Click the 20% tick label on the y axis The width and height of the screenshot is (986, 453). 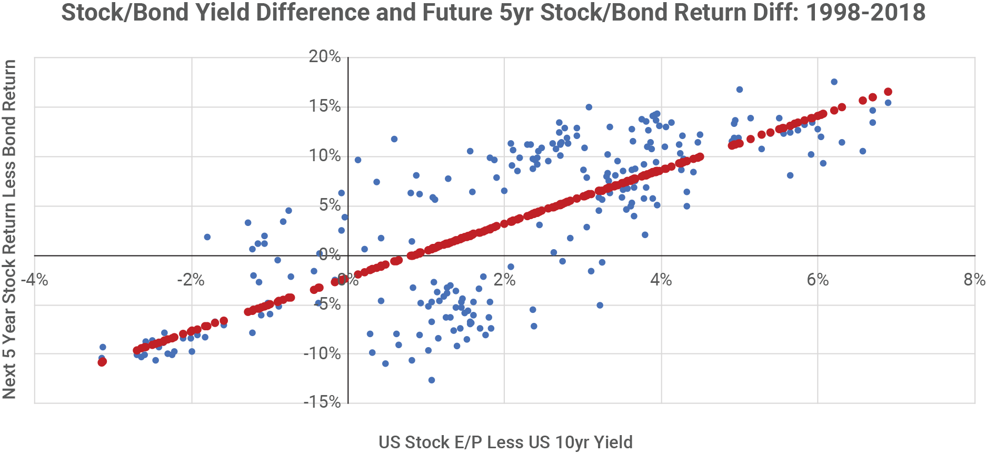pyautogui.click(x=325, y=56)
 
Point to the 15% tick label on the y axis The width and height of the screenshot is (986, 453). pyautogui.click(x=325, y=106)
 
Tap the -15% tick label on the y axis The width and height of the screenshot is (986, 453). pyautogui.click(x=322, y=402)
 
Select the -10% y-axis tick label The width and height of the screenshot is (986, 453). pyautogui.click(x=322, y=353)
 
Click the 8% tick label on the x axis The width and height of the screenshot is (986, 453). pyautogui.click(x=974, y=280)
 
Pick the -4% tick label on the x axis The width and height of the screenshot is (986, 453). pyautogui.click(x=35, y=280)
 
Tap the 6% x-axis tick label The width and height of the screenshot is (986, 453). pyautogui.click(x=818, y=280)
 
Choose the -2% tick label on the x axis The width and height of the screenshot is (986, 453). pyautogui.click(x=191, y=280)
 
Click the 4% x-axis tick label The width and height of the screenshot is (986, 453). pyautogui.click(x=661, y=280)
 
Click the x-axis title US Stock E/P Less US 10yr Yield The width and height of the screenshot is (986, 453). pyautogui.click(x=505, y=442)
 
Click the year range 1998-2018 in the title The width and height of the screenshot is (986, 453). pyautogui.click(x=865, y=12)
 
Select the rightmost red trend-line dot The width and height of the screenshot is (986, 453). pyautogui.click(x=888, y=92)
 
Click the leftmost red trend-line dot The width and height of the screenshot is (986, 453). pyautogui.click(x=102, y=362)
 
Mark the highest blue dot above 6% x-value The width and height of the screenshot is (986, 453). pyautogui.click(x=834, y=82)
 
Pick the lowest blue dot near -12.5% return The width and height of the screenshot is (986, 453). pyautogui.click(x=432, y=380)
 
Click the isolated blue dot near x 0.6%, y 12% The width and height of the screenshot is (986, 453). pyautogui.click(x=394, y=139)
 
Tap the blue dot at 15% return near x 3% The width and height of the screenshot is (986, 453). pyautogui.click(x=589, y=107)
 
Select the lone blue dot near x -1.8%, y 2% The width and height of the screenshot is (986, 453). pyautogui.click(x=207, y=237)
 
